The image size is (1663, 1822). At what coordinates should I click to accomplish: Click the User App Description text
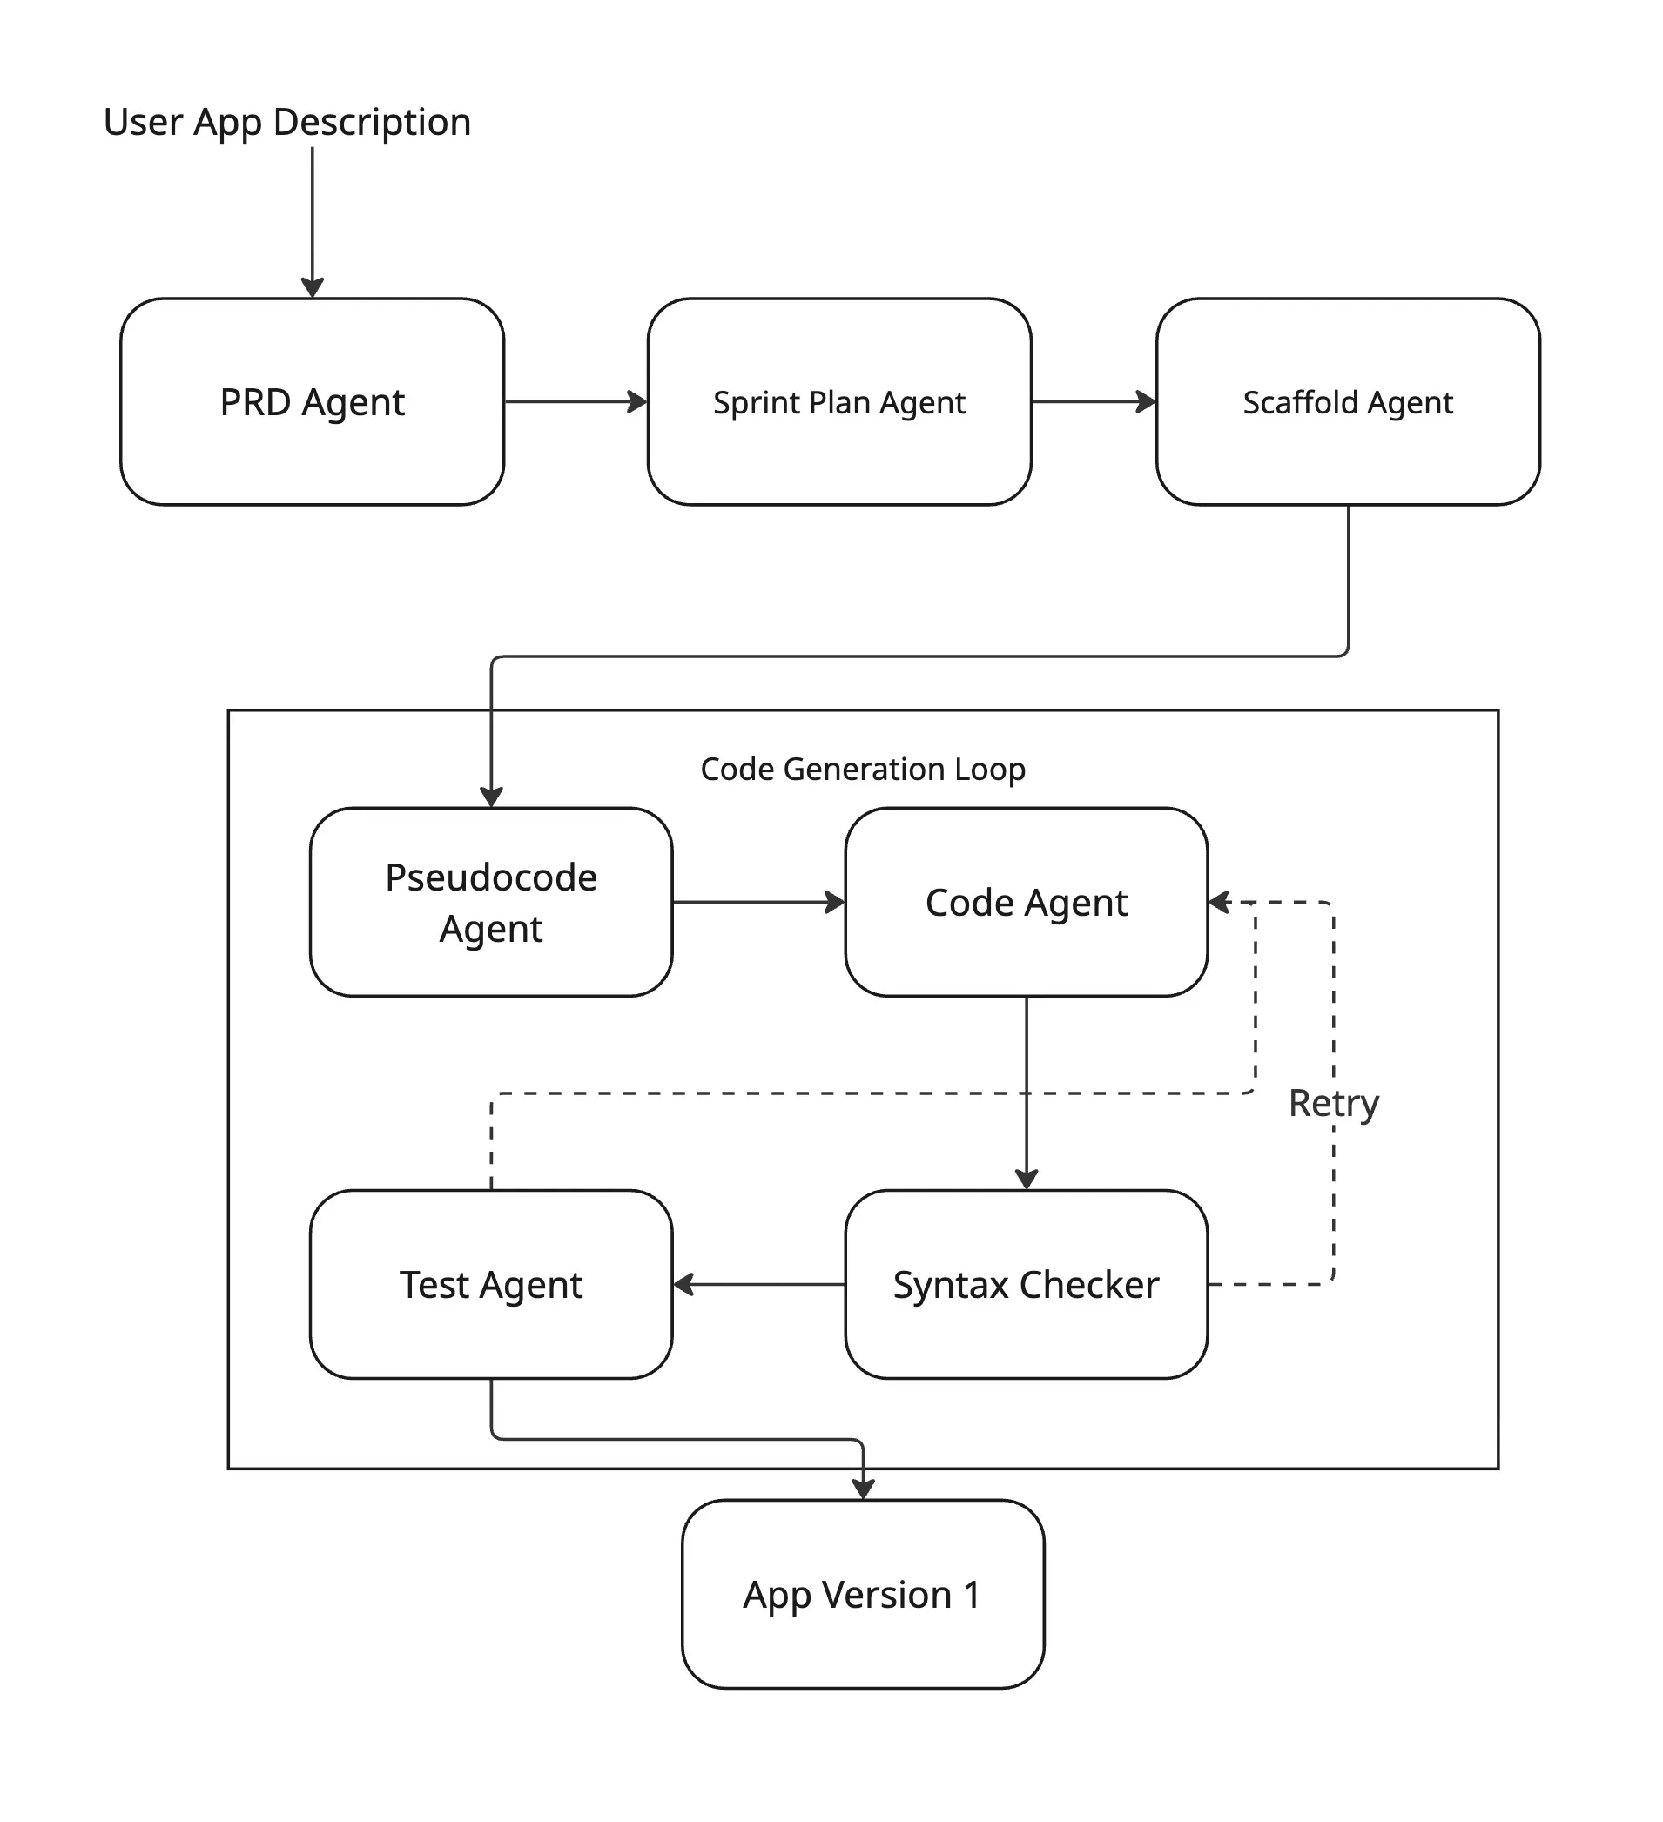tap(286, 122)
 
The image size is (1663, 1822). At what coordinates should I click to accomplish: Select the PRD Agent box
tap(312, 402)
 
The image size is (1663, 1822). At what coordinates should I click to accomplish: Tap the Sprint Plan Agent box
tap(838, 402)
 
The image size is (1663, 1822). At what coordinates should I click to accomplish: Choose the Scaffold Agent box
tap(1347, 402)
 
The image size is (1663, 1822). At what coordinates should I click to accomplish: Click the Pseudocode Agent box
tap(491, 902)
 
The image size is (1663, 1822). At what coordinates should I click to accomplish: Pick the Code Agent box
tap(1026, 902)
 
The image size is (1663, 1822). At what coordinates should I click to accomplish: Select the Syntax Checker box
tap(1026, 1284)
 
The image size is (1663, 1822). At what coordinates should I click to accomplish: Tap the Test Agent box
tap(491, 1284)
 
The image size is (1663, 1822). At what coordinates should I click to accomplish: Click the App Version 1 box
tap(862, 1595)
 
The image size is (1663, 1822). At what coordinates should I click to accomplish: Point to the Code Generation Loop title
tap(862, 770)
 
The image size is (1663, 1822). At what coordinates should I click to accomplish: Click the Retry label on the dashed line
tap(1333, 1103)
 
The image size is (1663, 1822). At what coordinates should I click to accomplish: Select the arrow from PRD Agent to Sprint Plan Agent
tap(575, 401)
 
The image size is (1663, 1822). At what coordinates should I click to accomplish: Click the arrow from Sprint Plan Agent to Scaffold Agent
tap(1093, 401)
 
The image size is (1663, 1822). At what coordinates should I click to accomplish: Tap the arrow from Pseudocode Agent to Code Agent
tap(757, 902)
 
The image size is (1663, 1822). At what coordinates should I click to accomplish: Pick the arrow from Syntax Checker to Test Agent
tap(759, 1284)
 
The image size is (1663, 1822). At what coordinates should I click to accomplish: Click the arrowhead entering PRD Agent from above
tap(312, 287)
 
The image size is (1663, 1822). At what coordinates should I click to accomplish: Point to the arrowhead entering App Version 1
tap(863, 1489)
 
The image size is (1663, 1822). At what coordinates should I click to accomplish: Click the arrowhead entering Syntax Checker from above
tap(1026, 1180)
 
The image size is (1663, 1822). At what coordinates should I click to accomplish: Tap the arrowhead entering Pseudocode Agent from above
tap(491, 797)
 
